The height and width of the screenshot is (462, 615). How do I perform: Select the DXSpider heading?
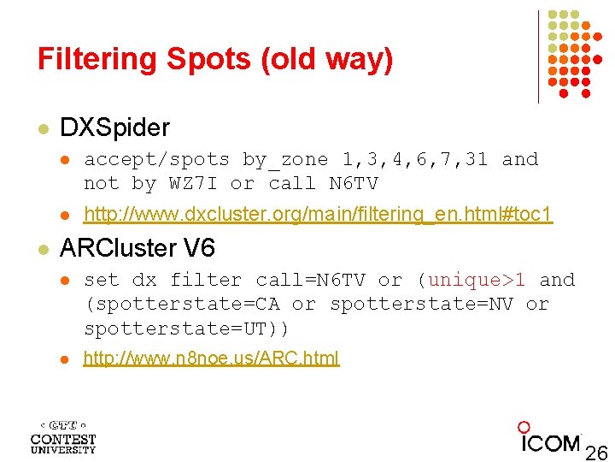114,128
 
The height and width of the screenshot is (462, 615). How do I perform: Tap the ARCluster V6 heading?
138,249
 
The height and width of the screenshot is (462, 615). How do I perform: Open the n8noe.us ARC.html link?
211,358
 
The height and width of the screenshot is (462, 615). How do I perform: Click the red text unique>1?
477,280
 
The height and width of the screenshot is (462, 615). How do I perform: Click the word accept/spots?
156,159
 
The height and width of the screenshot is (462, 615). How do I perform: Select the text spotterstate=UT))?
187,329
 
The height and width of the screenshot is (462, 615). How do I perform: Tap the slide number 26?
595,452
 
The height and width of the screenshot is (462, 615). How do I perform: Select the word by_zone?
285,159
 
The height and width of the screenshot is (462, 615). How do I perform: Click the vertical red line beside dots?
538,56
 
